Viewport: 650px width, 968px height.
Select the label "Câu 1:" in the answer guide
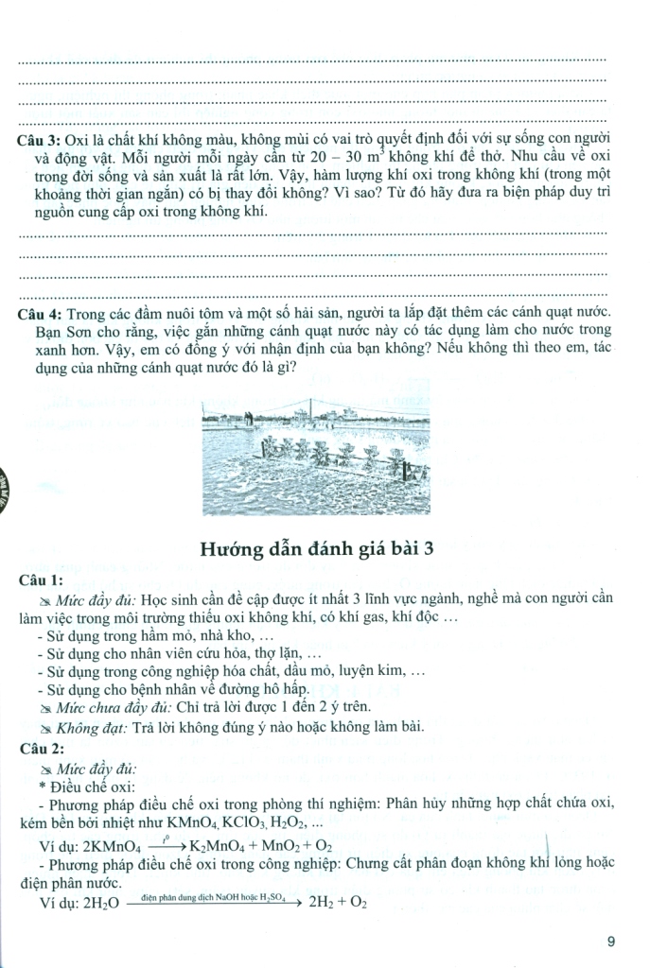38,579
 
